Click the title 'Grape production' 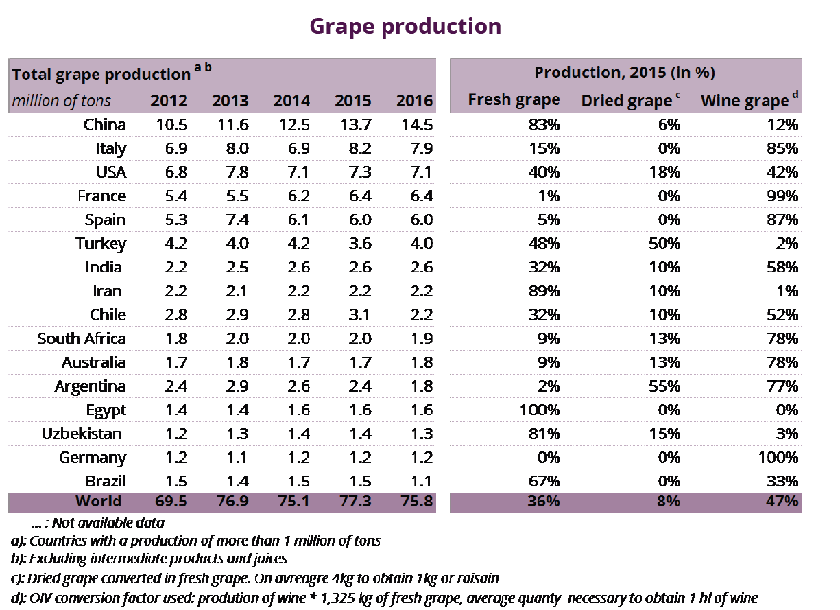tap(405, 26)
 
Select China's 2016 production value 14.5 tap(414, 124)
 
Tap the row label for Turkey tap(101, 244)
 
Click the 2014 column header tap(291, 101)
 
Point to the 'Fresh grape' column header tap(514, 100)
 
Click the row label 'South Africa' tap(82, 339)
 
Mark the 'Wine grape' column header tap(745, 102)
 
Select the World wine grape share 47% tap(784, 502)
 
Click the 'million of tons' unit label tap(61, 102)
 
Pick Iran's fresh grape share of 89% tap(544, 291)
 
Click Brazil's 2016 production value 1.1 tap(418, 481)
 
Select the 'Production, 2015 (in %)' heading tap(625, 73)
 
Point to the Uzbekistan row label tap(82, 434)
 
